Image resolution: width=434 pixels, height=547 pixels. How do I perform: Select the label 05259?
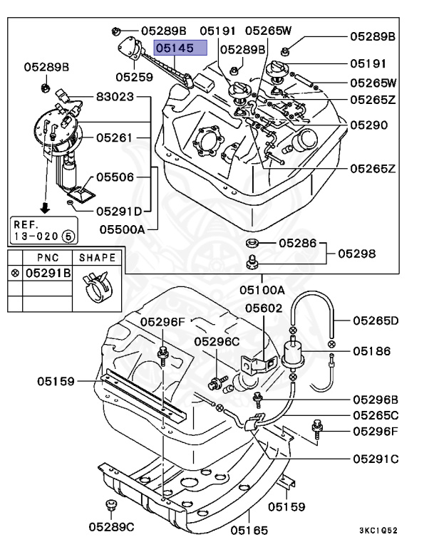pyautogui.click(x=135, y=75)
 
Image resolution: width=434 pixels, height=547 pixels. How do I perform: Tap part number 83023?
pyautogui.click(x=115, y=96)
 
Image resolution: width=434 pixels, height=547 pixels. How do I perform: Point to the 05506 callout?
pyautogui.click(x=115, y=176)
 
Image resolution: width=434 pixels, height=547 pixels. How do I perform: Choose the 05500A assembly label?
pyautogui.click(x=122, y=229)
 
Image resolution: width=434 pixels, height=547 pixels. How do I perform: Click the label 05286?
pyautogui.click(x=296, y=244)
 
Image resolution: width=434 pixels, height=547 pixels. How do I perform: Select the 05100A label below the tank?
pyautogui.click(x=262, y=290)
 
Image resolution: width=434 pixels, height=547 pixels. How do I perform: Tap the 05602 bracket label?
pyautogui.click(x=264, y=308)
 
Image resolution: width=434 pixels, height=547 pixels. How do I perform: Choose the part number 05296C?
pyautogui.click(x=218, y=341)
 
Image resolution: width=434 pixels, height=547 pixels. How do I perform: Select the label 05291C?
pyautogui.click(x=373, y=458)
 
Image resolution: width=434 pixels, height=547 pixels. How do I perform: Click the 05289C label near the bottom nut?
pyautogui.click(x=112, y=527)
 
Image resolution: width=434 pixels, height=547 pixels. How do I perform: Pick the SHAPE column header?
pyautogui.click(x=97, y=256)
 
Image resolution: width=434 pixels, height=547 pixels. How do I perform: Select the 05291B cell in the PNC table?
pyautogui.click(x=48, y=273)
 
